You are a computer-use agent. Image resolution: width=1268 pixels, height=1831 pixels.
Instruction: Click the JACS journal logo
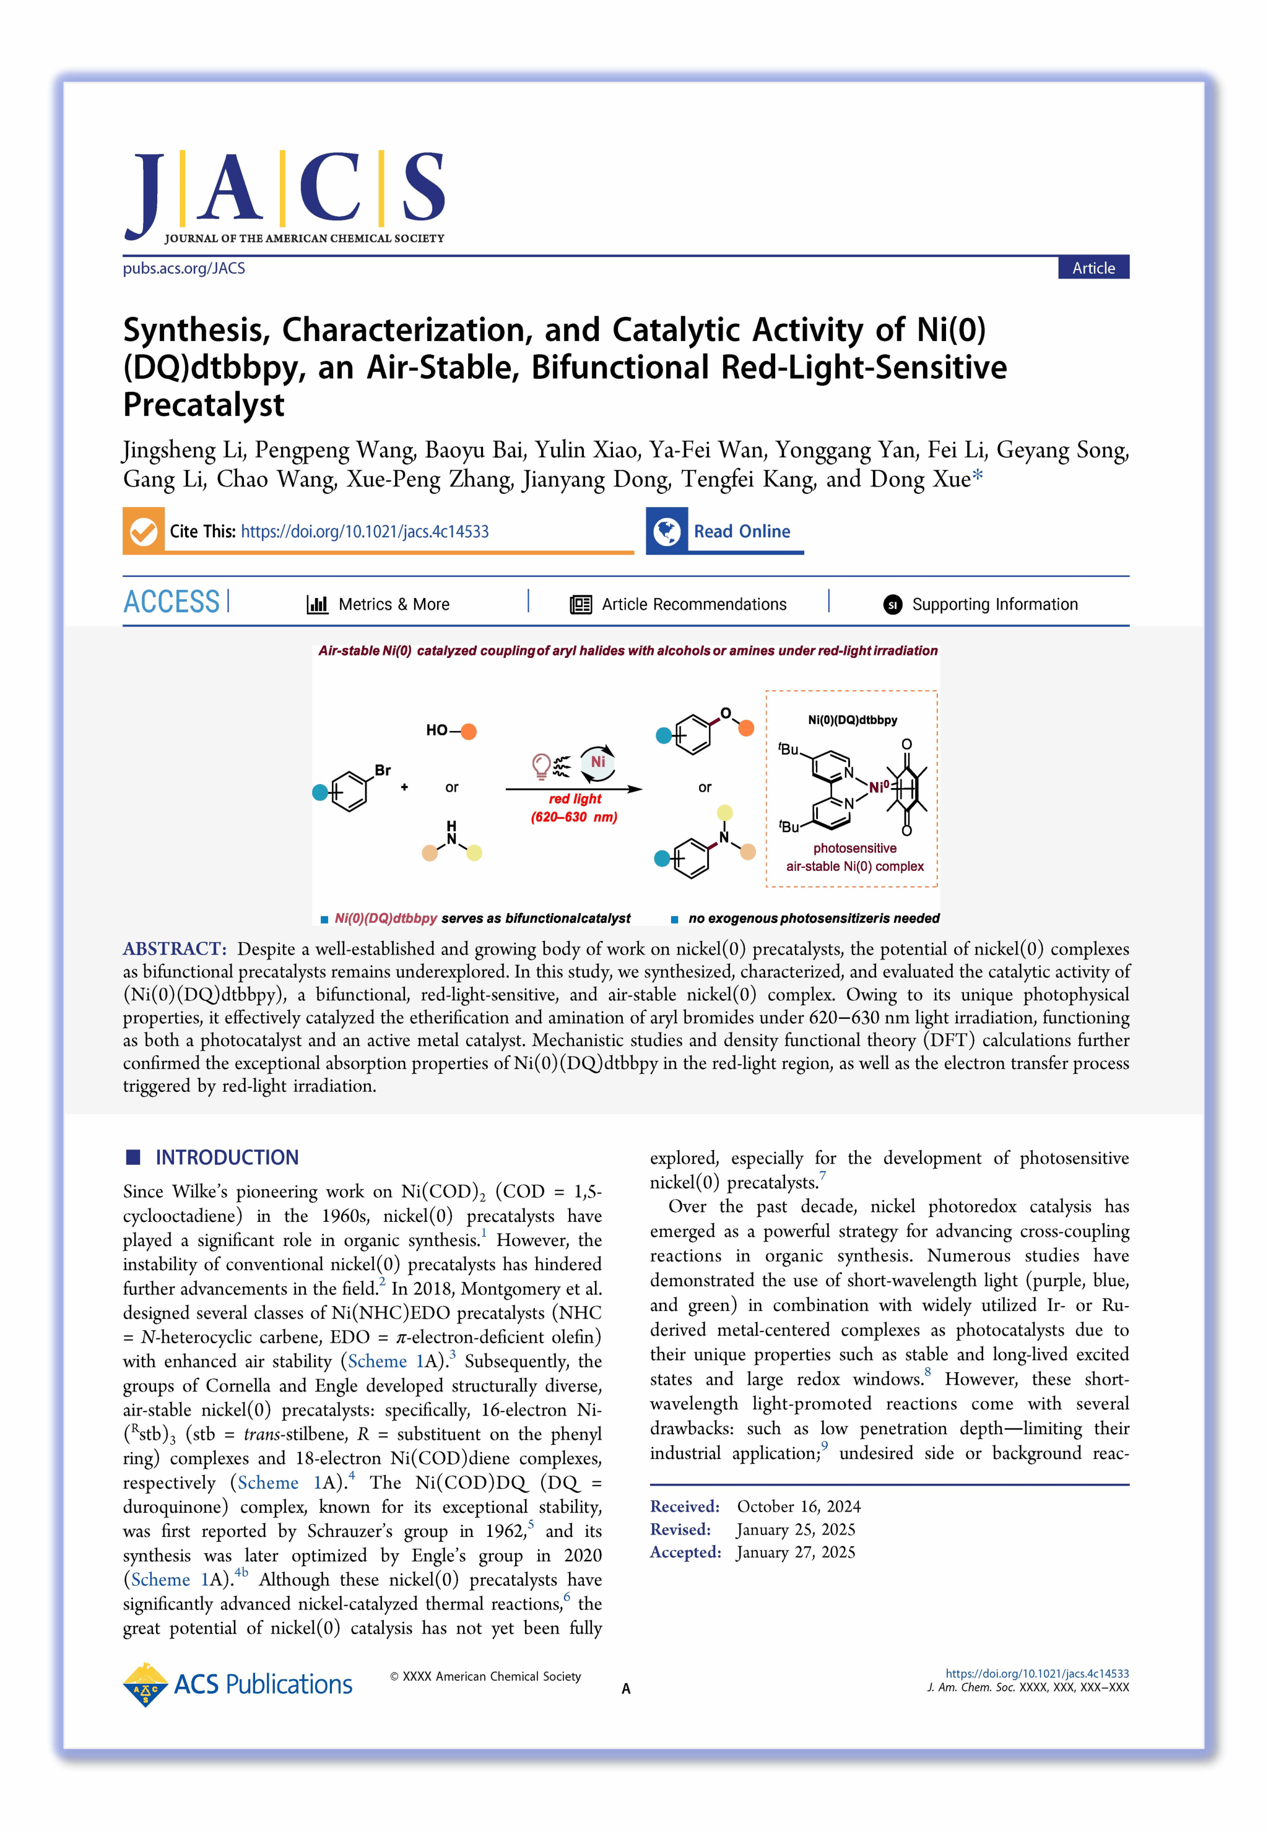pyautogui.click(x=284, y=196)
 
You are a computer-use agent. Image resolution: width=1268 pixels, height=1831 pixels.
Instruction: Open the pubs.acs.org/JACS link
pyautogui.click(x=183, y=269)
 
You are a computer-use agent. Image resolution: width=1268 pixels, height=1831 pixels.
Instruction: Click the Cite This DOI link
pyautogui.click(x=364, y=532)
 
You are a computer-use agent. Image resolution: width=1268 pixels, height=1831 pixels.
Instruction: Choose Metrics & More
pyautogui.click(x=393, y=605)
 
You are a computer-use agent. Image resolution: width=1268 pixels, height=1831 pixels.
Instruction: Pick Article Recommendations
pyautogui.click(x=693, y=605)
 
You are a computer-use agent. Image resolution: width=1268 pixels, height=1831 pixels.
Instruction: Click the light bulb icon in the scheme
pyautogui.click(x=541, y=766)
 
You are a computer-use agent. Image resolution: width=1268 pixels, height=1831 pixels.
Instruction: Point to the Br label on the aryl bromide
pyautogui.click(x=383, y=770)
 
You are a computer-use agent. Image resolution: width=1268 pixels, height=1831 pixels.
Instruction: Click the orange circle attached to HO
pyautogui.click(x=468, y=731)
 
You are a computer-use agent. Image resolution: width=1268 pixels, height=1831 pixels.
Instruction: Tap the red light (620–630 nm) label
pyautogui.click(x=575, y=808)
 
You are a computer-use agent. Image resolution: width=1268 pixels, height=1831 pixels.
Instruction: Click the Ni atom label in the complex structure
pyautogui.click(x=878, y=787)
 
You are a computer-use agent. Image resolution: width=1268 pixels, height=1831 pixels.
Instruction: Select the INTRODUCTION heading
pyautogui.click(x=227, y=1158)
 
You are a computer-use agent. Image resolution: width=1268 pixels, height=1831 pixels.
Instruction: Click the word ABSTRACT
pyautogui.click(x=174, y=948)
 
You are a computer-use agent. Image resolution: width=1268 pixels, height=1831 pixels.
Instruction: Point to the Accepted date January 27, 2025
pyautogui.click(x=795, y=1552)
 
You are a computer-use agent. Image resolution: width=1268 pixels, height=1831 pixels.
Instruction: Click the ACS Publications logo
pyautogui.click(x=238, y=1684)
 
